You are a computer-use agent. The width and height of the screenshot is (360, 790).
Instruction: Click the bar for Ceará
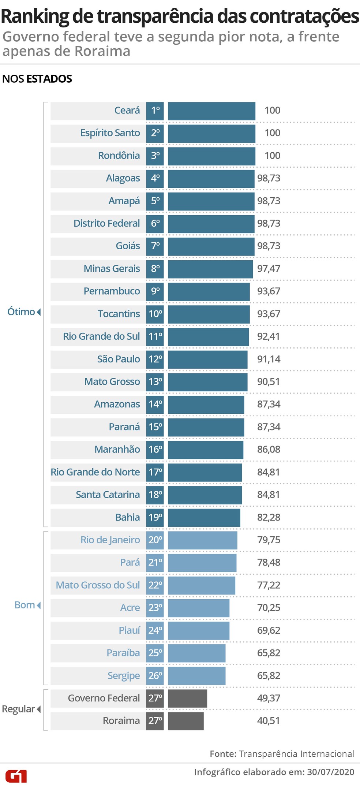tap(211, 111)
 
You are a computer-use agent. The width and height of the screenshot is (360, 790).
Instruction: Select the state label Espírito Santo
tap(110, 133)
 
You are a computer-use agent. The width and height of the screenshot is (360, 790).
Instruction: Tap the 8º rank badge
tap(155, 269)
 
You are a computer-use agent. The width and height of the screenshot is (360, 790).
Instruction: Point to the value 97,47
tap(269, 269)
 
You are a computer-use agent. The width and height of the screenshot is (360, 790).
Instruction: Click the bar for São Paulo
tap(207, 359)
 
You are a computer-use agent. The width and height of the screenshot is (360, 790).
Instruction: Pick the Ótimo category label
tap(22, 312)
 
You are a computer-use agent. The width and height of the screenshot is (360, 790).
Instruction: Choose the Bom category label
tap(25, 605)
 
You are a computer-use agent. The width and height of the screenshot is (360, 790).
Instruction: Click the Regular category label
tap(19, 709)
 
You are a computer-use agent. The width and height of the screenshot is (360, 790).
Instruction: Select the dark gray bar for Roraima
tap(185, 721)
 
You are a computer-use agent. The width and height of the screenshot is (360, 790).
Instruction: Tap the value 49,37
tap(269, 698)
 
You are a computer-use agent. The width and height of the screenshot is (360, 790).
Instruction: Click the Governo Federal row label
tap(104, 698)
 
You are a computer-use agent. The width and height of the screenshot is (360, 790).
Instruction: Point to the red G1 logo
tap(16, 776)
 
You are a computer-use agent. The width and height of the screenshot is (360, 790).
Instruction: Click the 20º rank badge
tap(155, 540)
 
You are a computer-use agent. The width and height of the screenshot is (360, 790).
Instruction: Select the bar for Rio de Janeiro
tap(202, 540)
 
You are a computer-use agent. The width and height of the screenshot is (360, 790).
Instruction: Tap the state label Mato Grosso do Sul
tap(98, 585)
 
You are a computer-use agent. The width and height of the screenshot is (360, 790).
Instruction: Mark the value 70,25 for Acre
tap(269, 608)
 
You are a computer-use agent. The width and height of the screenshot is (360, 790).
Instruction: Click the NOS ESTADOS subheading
tap(37, 79)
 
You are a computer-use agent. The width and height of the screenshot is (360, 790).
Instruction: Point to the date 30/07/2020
tap(330, 772)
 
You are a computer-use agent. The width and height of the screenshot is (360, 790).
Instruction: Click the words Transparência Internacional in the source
tap(296, 754)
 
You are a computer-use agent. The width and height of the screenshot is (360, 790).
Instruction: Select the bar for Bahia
tap(204, 517)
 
